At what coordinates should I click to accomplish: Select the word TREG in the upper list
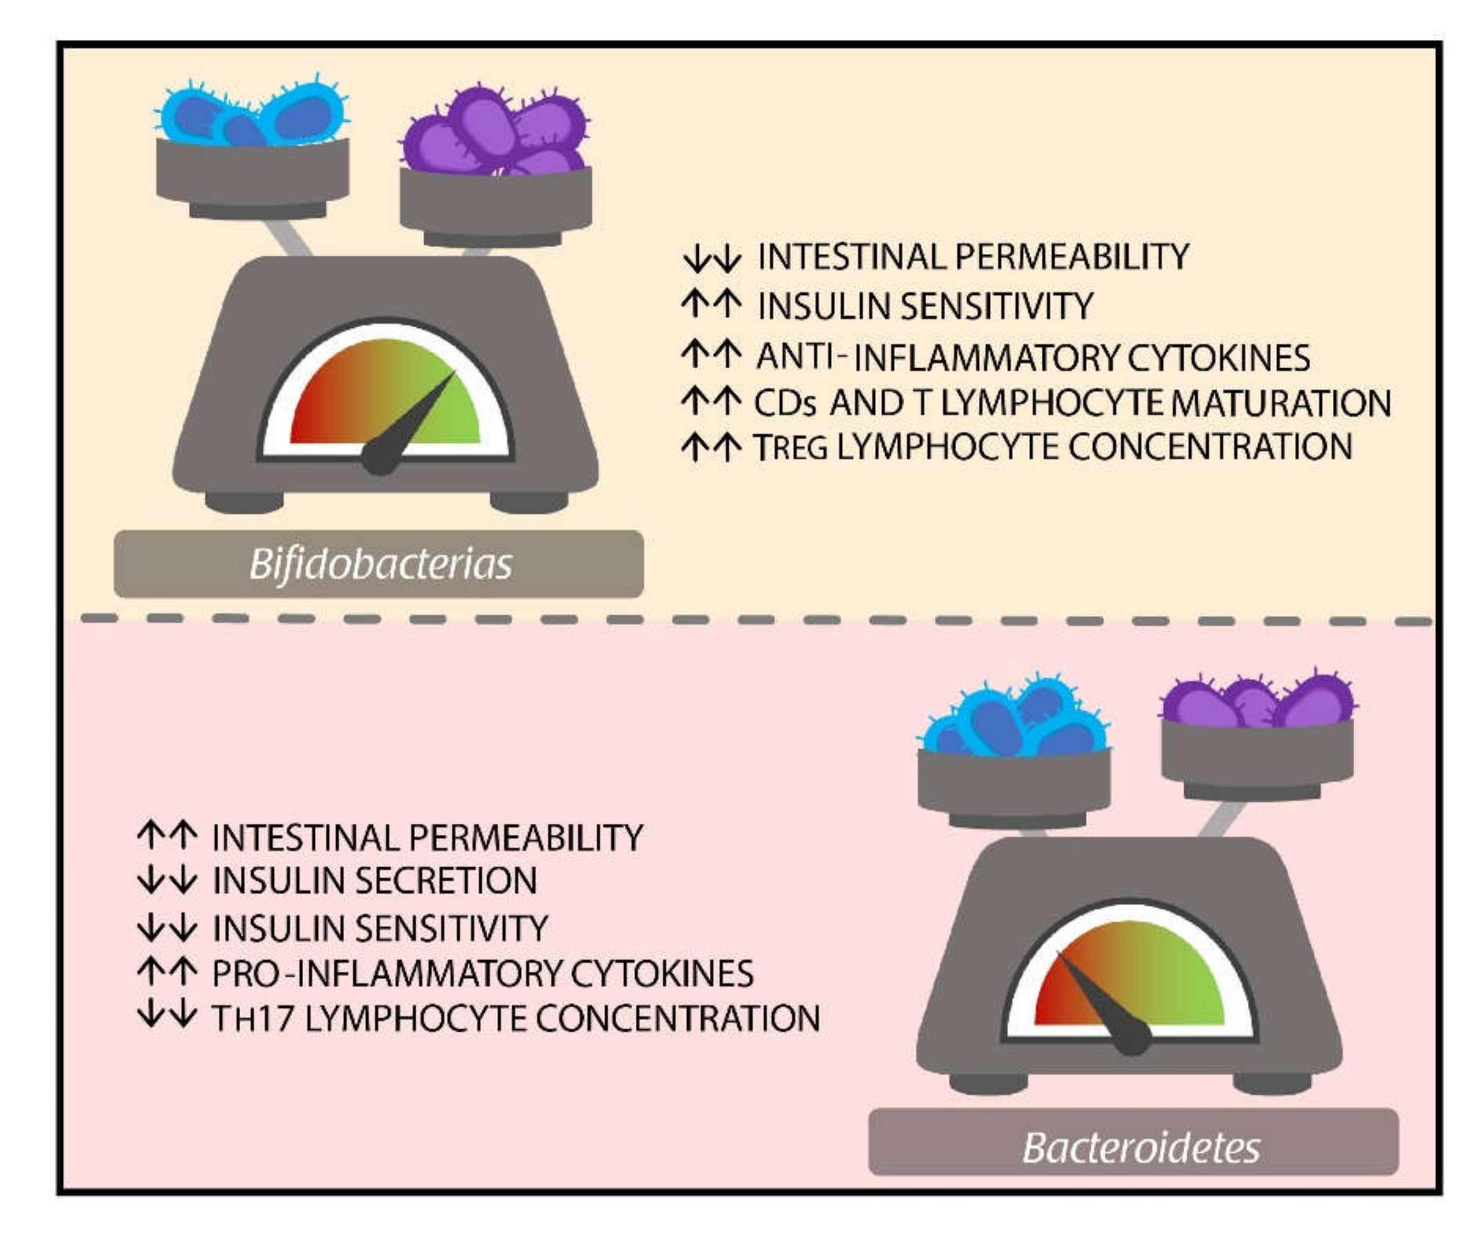[x=791, y=447]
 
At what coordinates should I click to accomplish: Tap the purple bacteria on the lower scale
[x=1256, y=702]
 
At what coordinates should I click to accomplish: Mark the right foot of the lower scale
[x=1272, y=1083]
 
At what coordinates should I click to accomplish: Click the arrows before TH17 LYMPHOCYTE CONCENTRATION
[x=167, y=1015]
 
